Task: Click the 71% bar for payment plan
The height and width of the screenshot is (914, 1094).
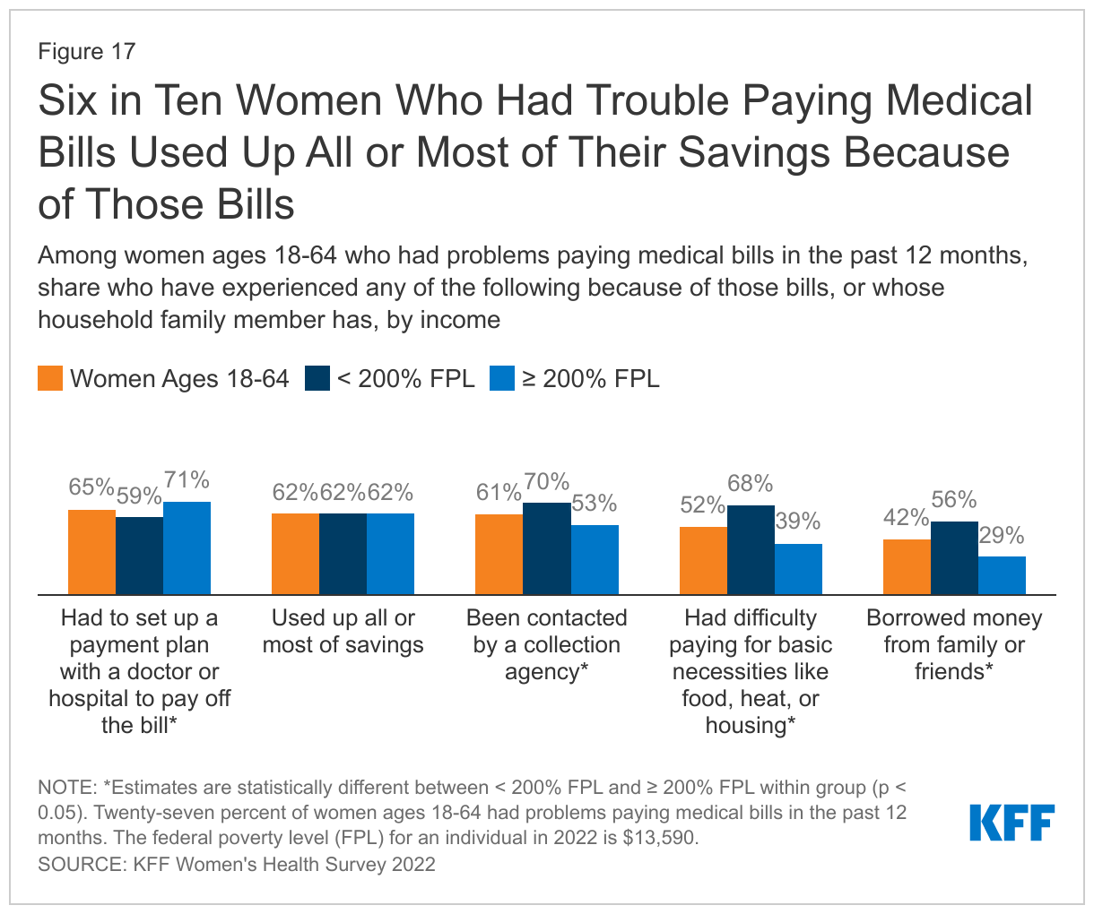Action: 187,548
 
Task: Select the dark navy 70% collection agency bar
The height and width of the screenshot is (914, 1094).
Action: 546,548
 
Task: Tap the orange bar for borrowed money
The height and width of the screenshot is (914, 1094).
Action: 907,566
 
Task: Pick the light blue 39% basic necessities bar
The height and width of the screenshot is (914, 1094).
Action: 798,569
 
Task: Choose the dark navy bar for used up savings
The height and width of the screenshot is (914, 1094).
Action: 343,554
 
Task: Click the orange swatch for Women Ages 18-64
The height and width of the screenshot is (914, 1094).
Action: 50,378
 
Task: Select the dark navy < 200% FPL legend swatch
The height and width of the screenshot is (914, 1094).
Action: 318,378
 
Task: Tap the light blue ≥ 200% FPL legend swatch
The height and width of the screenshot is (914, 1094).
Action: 502,378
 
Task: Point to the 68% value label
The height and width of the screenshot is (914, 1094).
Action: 751,485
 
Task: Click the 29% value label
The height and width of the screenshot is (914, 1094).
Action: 1002,536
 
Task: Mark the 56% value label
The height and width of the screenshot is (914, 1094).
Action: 954,501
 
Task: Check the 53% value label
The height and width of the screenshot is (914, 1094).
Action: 595,504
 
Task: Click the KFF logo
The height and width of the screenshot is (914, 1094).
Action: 1012,823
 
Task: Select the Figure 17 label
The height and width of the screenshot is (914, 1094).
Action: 86,51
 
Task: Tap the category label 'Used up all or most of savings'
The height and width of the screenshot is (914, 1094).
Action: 343,631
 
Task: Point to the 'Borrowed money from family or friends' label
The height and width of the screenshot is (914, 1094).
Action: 954,644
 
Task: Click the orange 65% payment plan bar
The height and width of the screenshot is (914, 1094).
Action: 91,551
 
